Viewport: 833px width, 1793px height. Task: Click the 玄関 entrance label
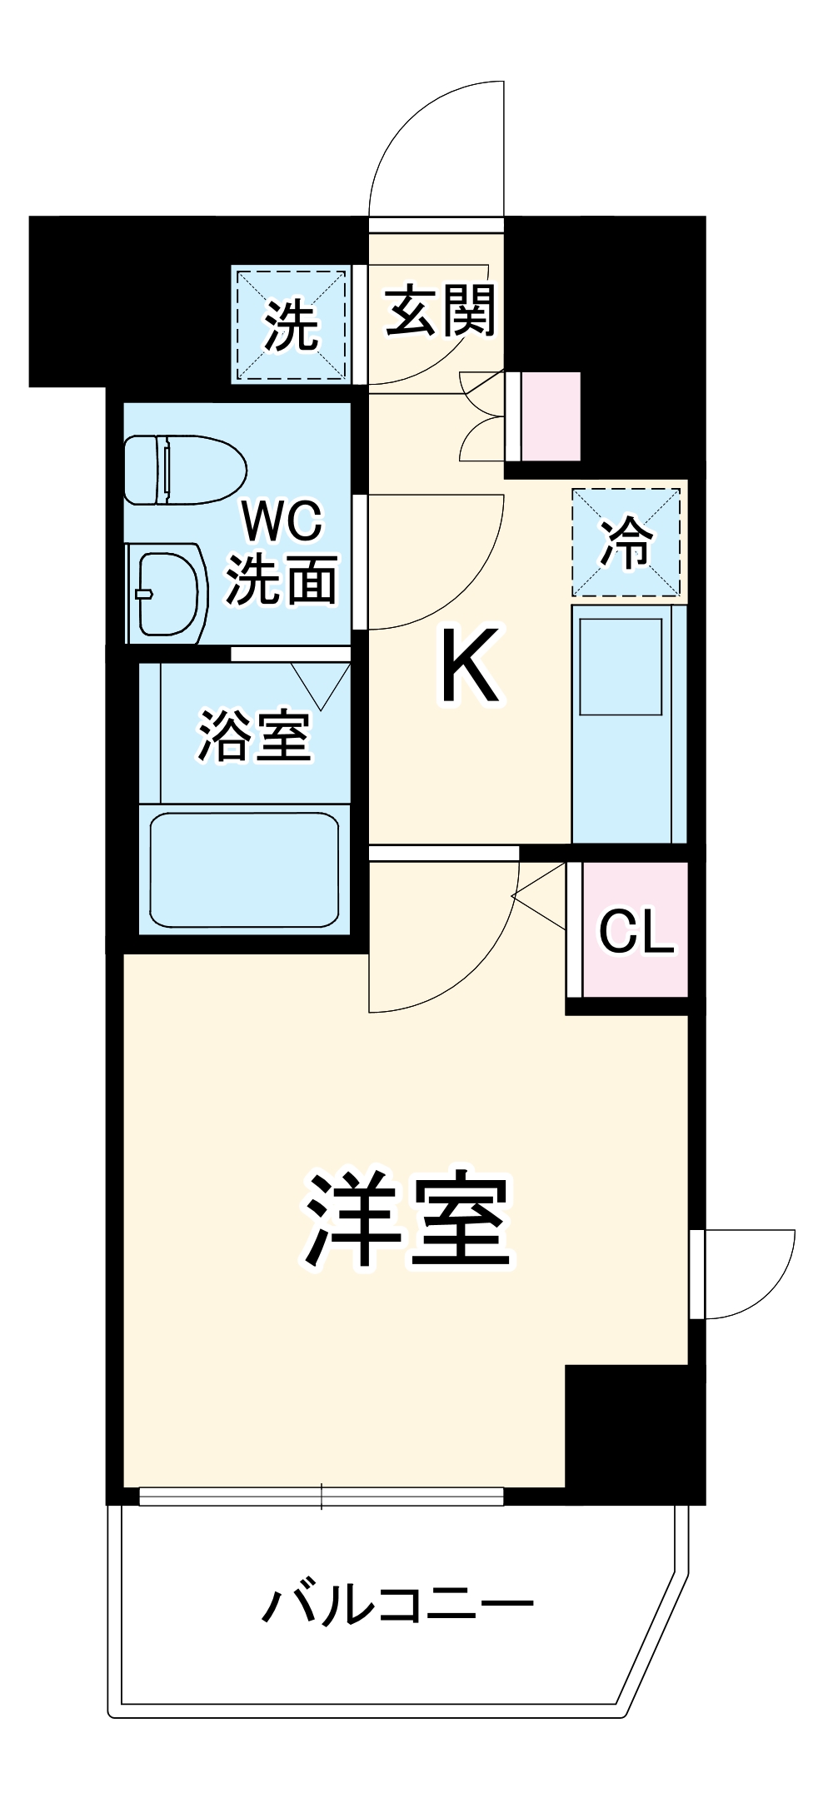click(440, 311)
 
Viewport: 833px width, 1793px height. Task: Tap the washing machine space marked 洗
click(291, 325)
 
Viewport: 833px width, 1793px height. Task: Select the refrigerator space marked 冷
click(626, 542)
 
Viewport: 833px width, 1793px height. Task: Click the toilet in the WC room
click(185, 470)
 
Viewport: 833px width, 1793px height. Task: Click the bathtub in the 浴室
click(244, 869)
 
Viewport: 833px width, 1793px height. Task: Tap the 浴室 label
click(254, 736)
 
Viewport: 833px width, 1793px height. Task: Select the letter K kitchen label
click(470, 665)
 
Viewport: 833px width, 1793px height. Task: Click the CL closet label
click(636, 930)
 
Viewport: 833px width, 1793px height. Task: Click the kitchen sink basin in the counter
click(621, 666)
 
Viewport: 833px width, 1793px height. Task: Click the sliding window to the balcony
click(322, 1497)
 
